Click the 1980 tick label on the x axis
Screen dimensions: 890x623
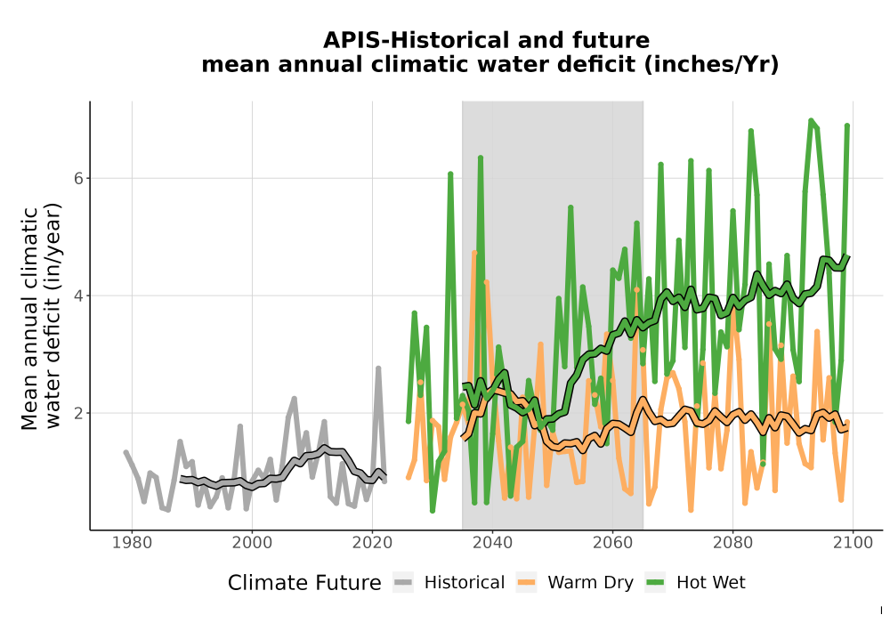point(132,543)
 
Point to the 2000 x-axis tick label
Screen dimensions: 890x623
point(252,543)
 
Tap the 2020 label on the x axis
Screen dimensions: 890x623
point(372,543)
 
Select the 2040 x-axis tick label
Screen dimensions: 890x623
point(493,543)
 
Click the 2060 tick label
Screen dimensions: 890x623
point(613,543)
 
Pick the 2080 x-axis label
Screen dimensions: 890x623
point(732,543)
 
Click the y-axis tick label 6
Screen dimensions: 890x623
point(78,178)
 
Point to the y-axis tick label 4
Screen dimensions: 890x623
point(78,295)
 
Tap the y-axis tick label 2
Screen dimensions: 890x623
point(78,413)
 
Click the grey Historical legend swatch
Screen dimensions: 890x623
point(403,583)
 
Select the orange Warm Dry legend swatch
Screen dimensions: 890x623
point(527,583)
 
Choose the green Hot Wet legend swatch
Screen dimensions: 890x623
point(655,583)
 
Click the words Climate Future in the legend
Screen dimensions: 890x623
point(304,583)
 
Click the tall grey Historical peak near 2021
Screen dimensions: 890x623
point(378,368)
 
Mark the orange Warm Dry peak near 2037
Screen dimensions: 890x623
point(474,253)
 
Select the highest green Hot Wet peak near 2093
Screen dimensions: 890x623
point(811,121)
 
